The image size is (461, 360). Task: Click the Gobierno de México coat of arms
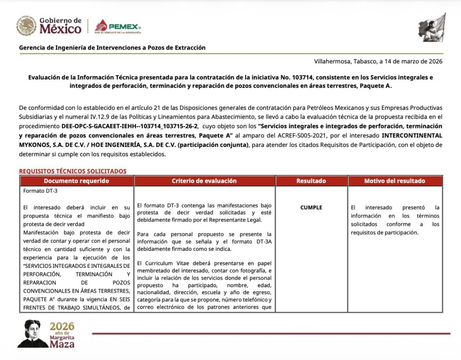tap(26, 26)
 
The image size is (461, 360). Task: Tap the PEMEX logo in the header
tap(118, 27)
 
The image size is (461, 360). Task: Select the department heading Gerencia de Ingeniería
tap(112, 47)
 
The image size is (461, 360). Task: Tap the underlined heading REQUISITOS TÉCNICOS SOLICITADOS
tap(72, 171)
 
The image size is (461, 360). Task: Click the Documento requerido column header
tap(77, 181)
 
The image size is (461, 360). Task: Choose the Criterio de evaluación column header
tap(204, 181)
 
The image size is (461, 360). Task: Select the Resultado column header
tap(311, 181)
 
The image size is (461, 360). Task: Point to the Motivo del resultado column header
tap(395, 181)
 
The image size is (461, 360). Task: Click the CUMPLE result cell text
tap(311, 207)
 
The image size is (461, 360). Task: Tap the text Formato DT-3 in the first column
tap(40, 190)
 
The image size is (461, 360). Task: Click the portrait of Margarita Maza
tap(32, 334)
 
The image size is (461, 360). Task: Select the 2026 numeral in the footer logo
tap(62, 326)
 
